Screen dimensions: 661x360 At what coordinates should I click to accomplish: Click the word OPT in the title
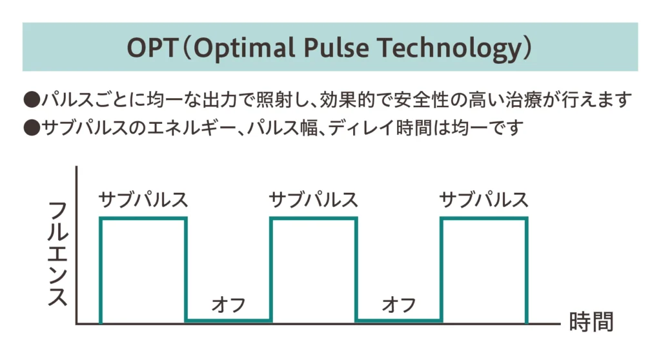point(152,48)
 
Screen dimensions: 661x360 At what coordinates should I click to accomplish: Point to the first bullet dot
point(32,101)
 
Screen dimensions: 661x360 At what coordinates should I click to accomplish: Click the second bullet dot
point(32,127)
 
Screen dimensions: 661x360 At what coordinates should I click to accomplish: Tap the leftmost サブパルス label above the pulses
point(143,200)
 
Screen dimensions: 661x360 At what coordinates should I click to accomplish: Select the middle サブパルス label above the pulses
point(313,200)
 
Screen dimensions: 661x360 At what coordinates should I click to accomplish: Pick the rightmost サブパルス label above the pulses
point(483,200)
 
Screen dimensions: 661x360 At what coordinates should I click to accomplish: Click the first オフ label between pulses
point(229,305)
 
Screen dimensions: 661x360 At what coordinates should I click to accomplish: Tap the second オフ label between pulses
point(399,305)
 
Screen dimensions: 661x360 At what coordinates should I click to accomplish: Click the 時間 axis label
point(591,322)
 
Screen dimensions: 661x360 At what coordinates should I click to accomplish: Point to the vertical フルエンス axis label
point(57,254)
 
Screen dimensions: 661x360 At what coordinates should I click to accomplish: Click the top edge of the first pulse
point(143,218)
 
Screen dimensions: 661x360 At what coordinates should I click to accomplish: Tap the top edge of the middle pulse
point(314,218)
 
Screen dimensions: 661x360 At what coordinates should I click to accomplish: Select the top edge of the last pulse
point(484,218)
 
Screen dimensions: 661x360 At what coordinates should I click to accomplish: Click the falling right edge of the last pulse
point(527,270)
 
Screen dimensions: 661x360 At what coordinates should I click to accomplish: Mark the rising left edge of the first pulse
point(101,270)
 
